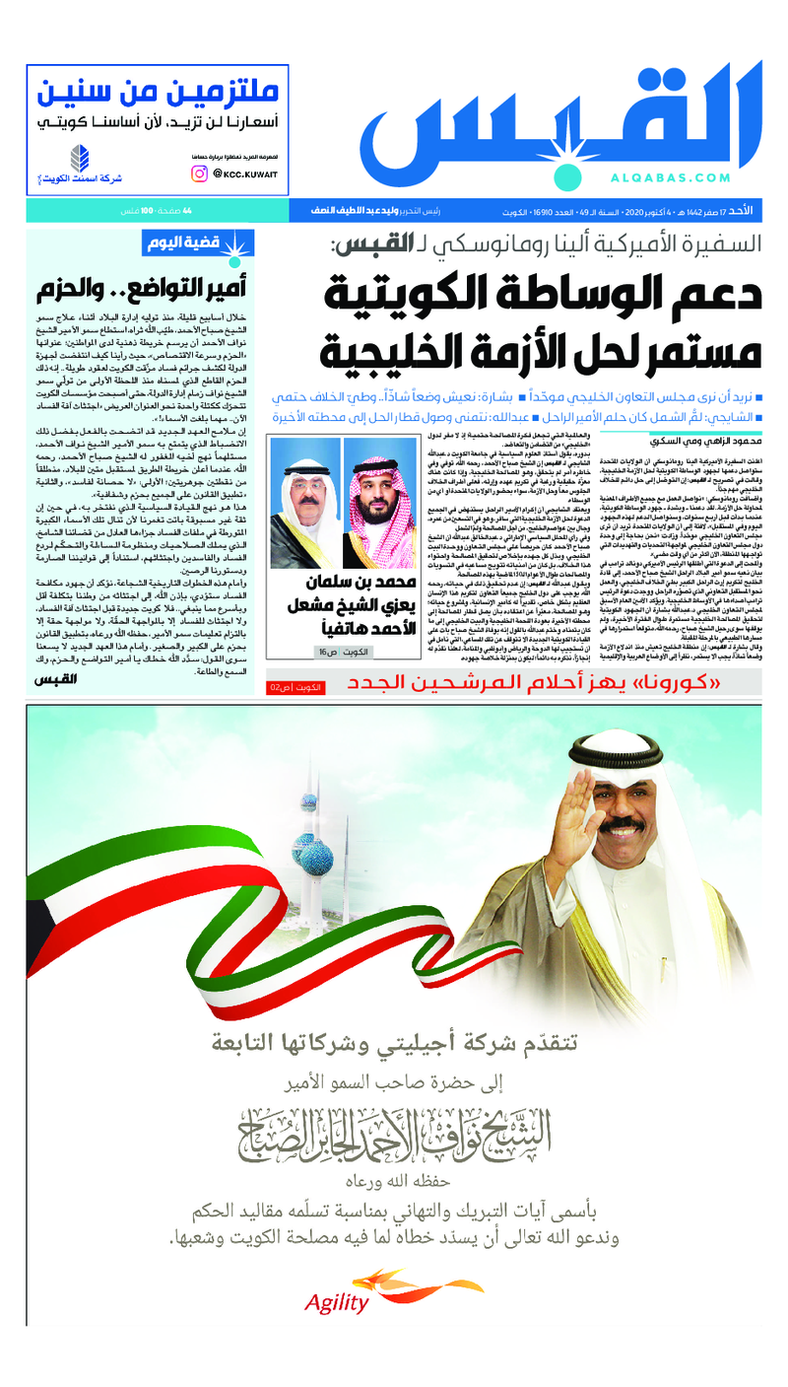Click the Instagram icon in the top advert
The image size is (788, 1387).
(200, 173)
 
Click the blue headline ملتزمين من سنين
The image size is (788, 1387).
(159, 93)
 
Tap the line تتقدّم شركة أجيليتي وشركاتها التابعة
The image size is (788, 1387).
(394, 1042)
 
